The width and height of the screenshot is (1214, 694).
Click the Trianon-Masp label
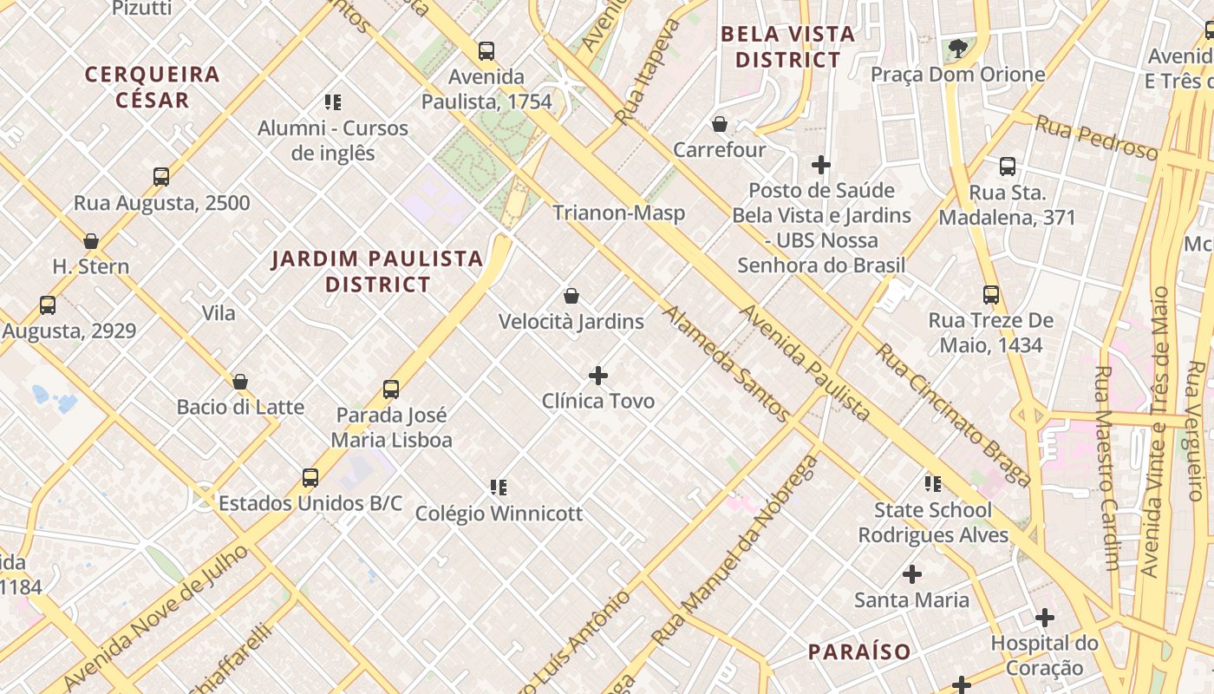tap(619, 213)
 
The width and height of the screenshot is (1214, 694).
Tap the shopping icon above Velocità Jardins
tap(571, 297)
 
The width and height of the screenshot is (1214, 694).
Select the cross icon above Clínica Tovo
tap(598, 376)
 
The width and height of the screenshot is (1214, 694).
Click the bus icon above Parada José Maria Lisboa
tap(391, 390)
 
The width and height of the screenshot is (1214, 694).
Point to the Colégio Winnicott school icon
tap(498, 488)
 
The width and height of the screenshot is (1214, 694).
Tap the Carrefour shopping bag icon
tap(719, 124)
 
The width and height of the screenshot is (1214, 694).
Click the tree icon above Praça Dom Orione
tap(957, 49)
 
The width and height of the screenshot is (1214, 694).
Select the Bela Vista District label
tap(787, 47)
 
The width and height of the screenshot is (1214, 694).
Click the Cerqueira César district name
tap(152, 87)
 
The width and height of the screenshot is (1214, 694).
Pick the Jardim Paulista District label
tap(377, 271)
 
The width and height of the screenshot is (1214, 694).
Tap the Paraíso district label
tap(859, 651)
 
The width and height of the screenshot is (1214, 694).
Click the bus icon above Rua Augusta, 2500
tap(161, 177)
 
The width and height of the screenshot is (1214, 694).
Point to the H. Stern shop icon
tap(91, 241)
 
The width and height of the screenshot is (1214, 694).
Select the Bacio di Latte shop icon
tap(240, 382)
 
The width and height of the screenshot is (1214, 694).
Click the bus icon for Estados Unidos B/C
tap(310, 478)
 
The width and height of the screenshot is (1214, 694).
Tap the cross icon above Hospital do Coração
tap(1045, 619)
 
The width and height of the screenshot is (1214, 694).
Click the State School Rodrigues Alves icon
tap(933, 484)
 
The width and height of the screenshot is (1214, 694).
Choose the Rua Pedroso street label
tap(1096, 138)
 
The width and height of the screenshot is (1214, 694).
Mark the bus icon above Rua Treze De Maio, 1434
tap(991, 295)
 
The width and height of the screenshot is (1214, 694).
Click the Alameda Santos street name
tap(726, 363)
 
